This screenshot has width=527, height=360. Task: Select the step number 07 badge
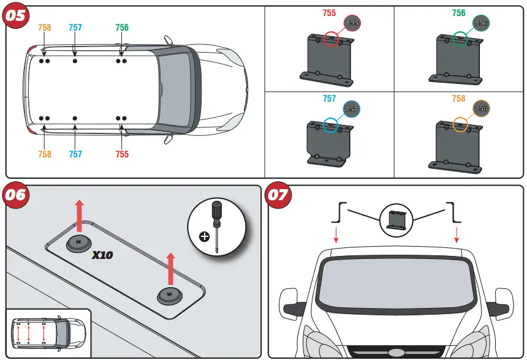[278, 196]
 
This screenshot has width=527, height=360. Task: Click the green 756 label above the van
[122, 28]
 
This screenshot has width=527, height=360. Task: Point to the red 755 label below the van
[122, 154]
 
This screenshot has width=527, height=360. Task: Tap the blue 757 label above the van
[75, 28]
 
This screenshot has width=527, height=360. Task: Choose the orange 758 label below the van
[45, 154]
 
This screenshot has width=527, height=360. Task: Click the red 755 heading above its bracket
[329, 13]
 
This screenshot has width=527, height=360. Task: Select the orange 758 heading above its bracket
[458, 99]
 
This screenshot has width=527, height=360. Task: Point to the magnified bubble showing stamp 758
[482, 108]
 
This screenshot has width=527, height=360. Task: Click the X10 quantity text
[102, 255]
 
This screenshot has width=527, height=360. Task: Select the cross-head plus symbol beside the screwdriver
[204, 236]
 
